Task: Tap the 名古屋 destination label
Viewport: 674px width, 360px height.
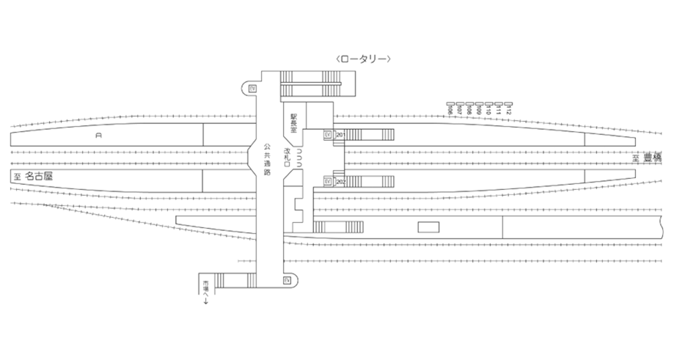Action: click(39, 176)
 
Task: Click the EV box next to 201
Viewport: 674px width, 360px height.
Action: click(328, 136)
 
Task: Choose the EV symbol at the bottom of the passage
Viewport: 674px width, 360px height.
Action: click(287, 280)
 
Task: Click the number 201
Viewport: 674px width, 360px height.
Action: click(340, 136)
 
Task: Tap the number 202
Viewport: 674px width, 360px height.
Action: click(340, 180)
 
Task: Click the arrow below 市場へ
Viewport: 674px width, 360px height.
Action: click(206, 301)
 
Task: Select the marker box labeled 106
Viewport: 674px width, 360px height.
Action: click(450, 104)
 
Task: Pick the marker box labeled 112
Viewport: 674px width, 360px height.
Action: click(508, 104)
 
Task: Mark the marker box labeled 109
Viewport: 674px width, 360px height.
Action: click(479, 104)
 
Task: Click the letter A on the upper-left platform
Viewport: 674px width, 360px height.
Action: click(98, 136)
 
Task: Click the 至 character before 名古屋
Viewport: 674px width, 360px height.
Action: click(16, 177)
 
